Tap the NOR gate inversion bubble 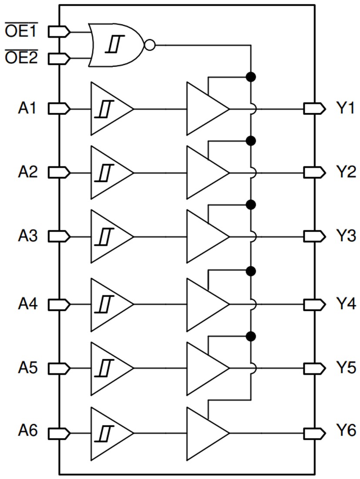[x=150, y=44]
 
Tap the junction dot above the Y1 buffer [x=250, y=77]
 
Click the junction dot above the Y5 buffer [x=250, y=336]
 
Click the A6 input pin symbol [x=58, y=433]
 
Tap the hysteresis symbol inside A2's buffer [x=104, y=172]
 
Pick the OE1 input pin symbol [x=58, y=31]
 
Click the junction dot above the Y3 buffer [x=250, y=205]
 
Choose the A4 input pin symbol [x=58, y=303]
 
